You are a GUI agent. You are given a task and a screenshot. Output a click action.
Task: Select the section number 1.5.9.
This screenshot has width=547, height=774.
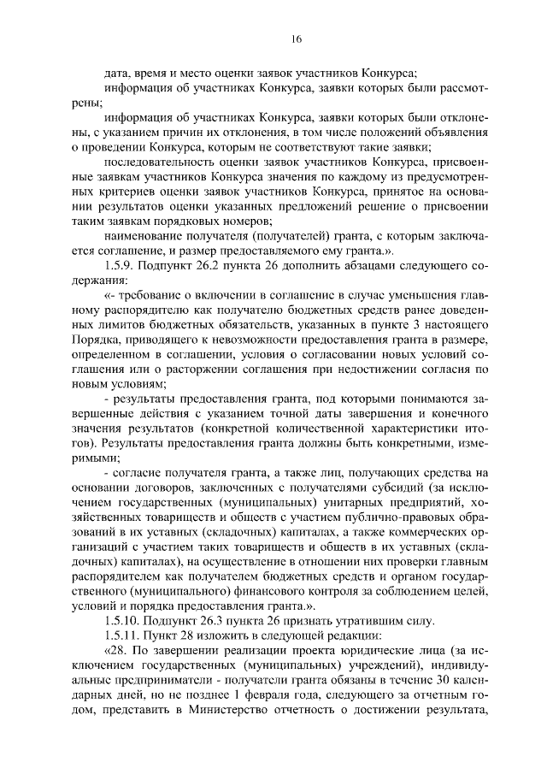120,266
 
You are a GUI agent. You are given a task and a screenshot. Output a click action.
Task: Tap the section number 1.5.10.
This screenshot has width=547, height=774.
122,619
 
